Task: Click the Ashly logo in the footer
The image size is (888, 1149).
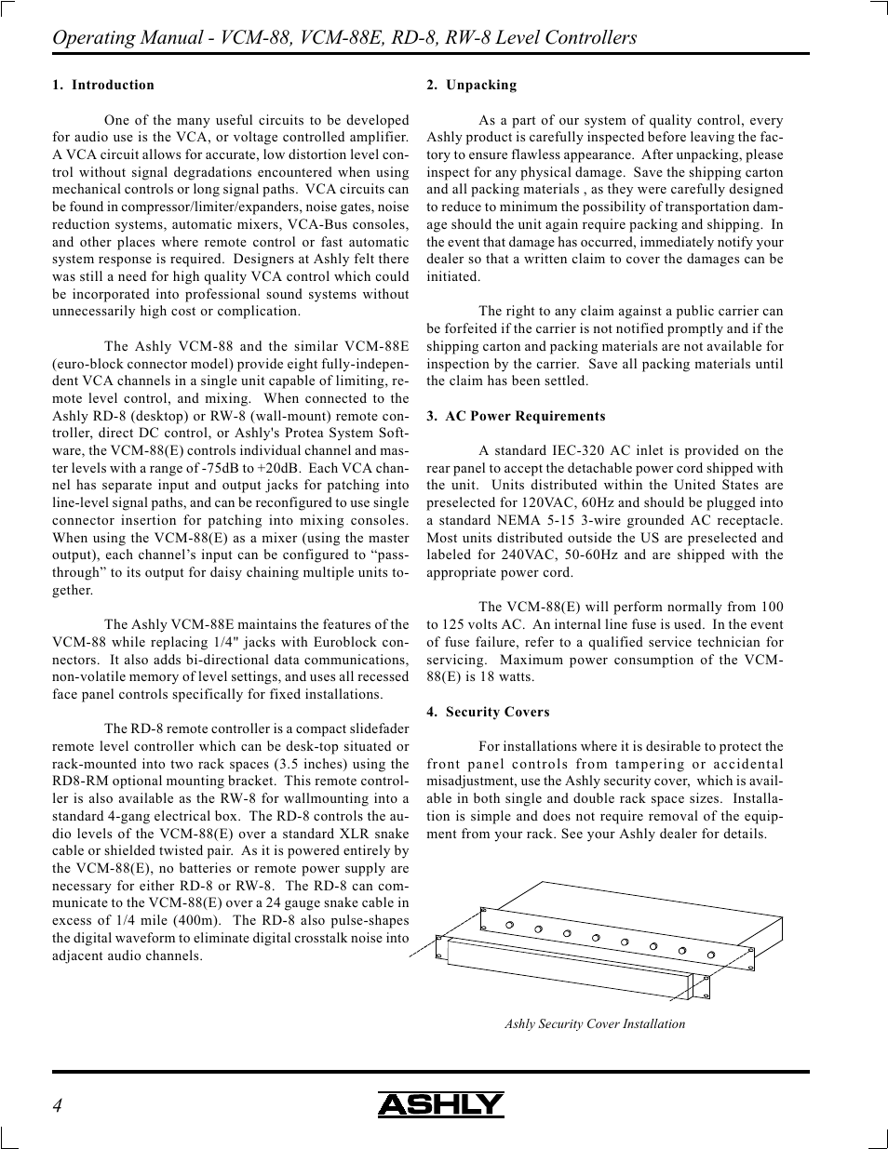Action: [x=440, y=1104]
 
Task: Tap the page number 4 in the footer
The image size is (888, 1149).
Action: [x=58, y=1105]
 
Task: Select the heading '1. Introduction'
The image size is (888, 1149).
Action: [x=103, y=85]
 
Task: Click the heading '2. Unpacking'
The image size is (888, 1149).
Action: [x=471, y=85]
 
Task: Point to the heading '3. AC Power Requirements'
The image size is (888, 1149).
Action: [x=516, y=416]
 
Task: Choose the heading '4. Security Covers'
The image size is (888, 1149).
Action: [x=488, y=712]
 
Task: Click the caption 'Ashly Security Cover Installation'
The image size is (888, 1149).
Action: [x=595, y=1023]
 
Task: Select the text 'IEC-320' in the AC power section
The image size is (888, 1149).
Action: [x=577, y=450]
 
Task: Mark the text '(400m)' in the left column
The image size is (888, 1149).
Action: [x=201, y=920]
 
